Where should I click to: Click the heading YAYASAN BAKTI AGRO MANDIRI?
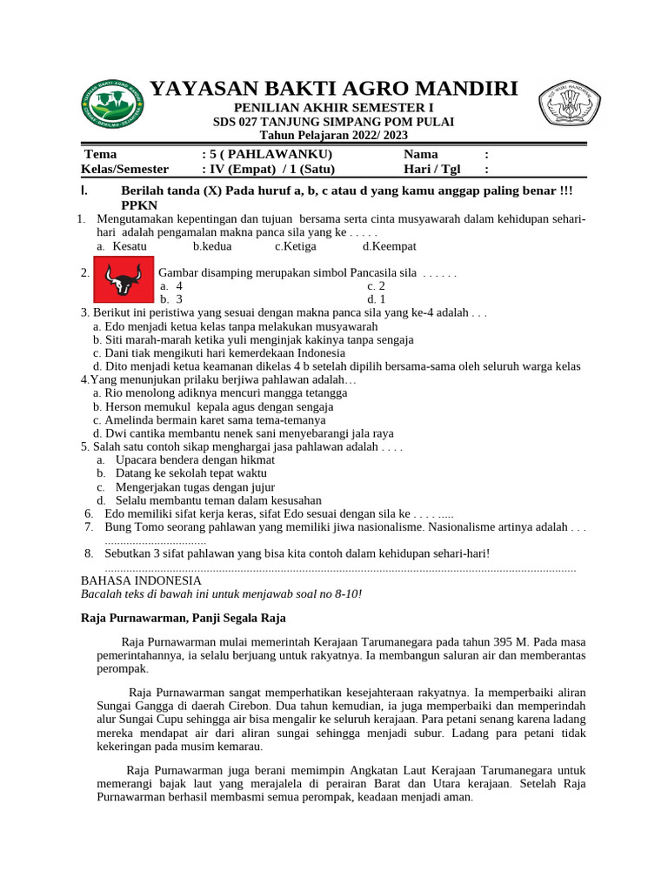click(334, 89)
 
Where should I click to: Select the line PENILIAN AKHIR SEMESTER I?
click(334, 107)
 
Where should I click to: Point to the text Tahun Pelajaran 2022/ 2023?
click(334, 136)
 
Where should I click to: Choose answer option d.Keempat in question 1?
click(390, 246)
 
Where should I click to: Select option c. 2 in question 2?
click(376, 285)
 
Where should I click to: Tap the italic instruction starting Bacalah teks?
click(221, 593)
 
